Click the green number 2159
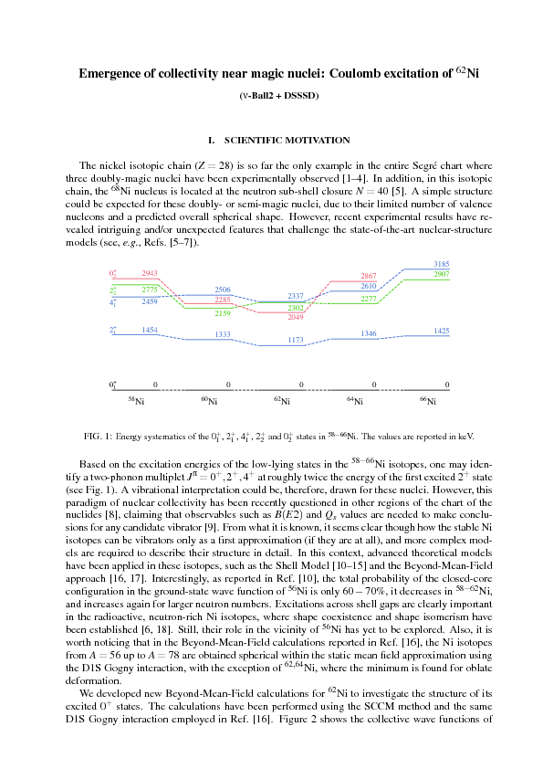pyautogui.click(x=223, y=313)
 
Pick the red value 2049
pyautogui.click(x=296, y=317)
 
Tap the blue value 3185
pyautogui.click(x=442, y=264)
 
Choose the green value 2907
pyautogui.click(x=442, y=274)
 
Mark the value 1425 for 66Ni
pyautogui.click(x=442, y=330)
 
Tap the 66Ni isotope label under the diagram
pyautogui.click(x=427, y=401)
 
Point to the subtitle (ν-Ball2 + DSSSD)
pyautogui.click(x=271, y=97)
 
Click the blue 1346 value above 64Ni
pyautogui.click(x=369, y=334)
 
